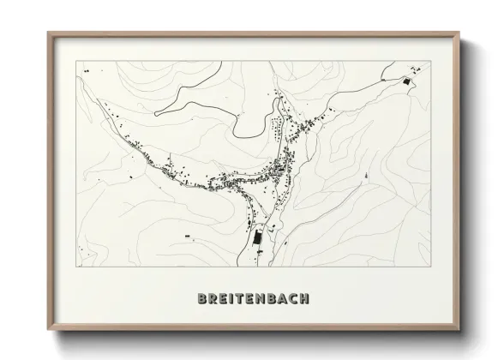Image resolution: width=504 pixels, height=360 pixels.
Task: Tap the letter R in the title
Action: pyautogui.click(x=213, y=299)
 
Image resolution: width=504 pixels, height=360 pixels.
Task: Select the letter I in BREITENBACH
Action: pyautogui.click(x=232, y=299)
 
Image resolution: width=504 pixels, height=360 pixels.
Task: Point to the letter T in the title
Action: pyautogui.click(x=241, y=299)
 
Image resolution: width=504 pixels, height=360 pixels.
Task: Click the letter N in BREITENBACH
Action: pyautogui.click(x=262, y=299)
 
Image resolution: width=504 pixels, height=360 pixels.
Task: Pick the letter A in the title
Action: pyautogui.click(x=284, y=299)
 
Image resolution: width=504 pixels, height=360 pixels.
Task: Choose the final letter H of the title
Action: pyautogui.click(x=305, y=299)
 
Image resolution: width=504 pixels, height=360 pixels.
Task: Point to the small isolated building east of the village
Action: pyautogui.click(x=367, y=177)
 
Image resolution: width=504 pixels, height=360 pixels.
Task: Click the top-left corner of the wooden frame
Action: pyautogui.click(x=48, y=33)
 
